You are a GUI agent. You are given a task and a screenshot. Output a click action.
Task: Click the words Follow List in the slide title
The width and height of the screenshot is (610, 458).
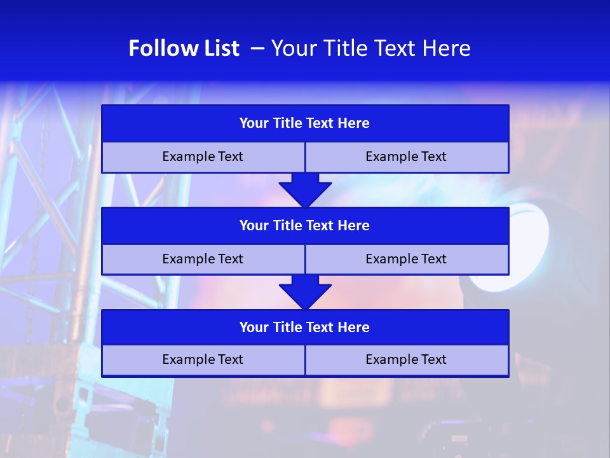tap(184, 48)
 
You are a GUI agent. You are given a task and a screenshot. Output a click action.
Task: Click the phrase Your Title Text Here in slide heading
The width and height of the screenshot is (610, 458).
tap(370, 48)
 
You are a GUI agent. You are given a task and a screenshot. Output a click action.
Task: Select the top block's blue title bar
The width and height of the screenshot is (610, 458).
tap(305, 123)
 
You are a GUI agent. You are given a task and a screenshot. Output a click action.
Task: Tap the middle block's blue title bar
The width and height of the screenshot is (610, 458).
tap(305, 226)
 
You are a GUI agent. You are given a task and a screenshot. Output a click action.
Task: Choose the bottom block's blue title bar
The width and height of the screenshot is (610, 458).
tap(305, 328)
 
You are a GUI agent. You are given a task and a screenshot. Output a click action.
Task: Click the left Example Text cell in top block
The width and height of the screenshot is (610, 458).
tap(203, 157)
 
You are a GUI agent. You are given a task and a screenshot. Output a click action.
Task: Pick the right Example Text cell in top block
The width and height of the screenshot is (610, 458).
tap(406, 157)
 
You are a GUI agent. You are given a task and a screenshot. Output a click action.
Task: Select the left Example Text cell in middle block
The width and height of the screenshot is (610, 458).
tap(203, 260)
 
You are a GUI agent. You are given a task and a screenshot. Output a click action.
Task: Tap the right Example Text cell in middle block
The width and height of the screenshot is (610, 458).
tap(406, 260)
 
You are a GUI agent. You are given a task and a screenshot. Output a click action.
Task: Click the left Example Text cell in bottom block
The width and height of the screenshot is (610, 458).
tap(203, 360)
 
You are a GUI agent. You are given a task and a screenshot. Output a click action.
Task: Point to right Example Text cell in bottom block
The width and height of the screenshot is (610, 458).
tap(406, 360)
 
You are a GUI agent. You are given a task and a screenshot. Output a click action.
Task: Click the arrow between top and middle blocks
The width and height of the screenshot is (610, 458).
tap(305, 190)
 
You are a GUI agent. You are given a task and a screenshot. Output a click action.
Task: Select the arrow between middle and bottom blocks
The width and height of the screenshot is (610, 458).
tap(305, 292)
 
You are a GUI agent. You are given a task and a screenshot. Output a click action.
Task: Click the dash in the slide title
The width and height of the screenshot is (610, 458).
tap(257, 48)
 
